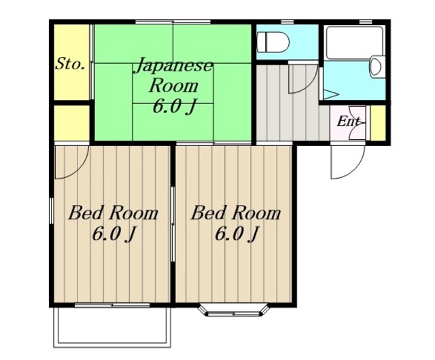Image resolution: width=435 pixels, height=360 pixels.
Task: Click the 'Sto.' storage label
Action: (x=70, y=65)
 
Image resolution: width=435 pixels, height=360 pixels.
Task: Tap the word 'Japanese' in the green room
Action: (x=173, y=66)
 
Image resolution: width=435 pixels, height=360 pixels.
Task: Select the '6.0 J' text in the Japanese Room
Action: (x=174, y=107)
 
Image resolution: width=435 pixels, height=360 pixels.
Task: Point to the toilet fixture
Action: (x=273, y=42)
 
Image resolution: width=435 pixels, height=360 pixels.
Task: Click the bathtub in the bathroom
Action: (x=354, y=42)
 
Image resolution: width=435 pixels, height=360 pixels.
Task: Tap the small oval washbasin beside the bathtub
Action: (x=376, y=67)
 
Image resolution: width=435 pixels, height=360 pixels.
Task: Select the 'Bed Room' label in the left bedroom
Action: (x=114, y=213)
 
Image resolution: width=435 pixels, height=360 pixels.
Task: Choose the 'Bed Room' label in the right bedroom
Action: (x=236, y=213)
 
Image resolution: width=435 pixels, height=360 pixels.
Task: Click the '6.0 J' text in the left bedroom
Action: (x=114, y=234)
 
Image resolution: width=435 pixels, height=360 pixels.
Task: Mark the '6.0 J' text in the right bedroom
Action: (x=237, y=234)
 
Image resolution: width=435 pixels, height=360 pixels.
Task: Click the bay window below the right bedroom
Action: (x=234, y=310)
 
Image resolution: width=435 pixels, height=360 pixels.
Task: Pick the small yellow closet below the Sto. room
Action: (x=71, y=123)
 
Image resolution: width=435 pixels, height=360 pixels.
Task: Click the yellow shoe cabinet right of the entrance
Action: (x=379, y=122)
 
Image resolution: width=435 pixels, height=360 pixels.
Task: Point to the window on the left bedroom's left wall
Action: (x=52, y=211)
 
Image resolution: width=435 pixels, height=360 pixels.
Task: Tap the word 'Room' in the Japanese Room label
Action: (x=174, y=86)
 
